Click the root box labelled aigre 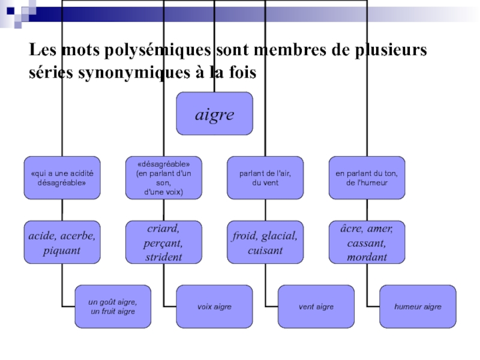point(214,113)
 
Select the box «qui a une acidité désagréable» point(62,178)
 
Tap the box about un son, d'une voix point(163,178)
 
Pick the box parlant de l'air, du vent point(265,178)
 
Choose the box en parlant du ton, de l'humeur point(367,178)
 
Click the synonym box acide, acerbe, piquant point(62,243)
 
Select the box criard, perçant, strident point(163,243)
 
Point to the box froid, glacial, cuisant point(265,243)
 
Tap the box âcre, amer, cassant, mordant point(367,243)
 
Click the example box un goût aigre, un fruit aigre point(113,307)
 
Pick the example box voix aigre point(214,307)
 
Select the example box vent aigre point(316,307)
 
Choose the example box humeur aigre point(418,307)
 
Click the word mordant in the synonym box point(367,257)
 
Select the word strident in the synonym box point(163,257)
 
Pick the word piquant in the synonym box point(62,250)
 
